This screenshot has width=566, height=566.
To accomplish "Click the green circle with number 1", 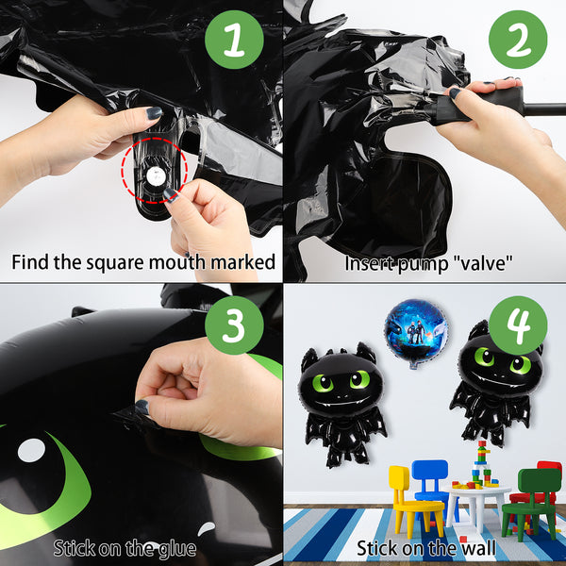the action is point(234,40).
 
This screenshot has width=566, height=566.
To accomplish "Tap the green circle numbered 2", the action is point(518,40).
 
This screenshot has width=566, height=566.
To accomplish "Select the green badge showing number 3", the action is point(234,325).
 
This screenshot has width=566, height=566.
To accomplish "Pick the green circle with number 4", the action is point(518,325).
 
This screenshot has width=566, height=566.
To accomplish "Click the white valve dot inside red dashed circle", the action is point(156,175).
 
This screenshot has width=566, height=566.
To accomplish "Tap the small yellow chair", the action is point(415,500).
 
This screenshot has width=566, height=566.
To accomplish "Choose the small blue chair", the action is point(431,480).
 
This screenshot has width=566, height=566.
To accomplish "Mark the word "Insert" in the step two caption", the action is point(368,263).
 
